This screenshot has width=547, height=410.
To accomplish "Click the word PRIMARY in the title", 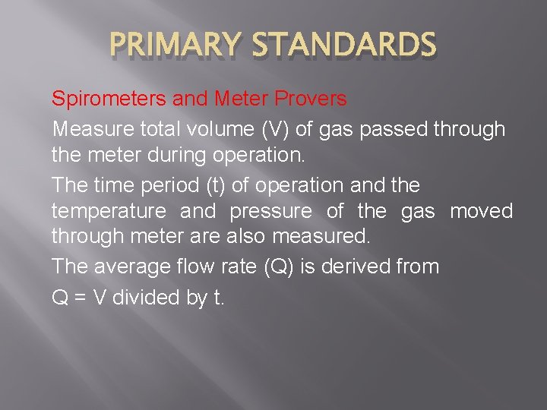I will coord(173,45).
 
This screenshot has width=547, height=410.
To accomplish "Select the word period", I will coord(164,185).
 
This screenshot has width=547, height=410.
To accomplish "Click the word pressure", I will coord(271,211).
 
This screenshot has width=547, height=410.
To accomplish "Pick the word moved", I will coord(482,211).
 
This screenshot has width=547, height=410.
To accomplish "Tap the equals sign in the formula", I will coord(78,298).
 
